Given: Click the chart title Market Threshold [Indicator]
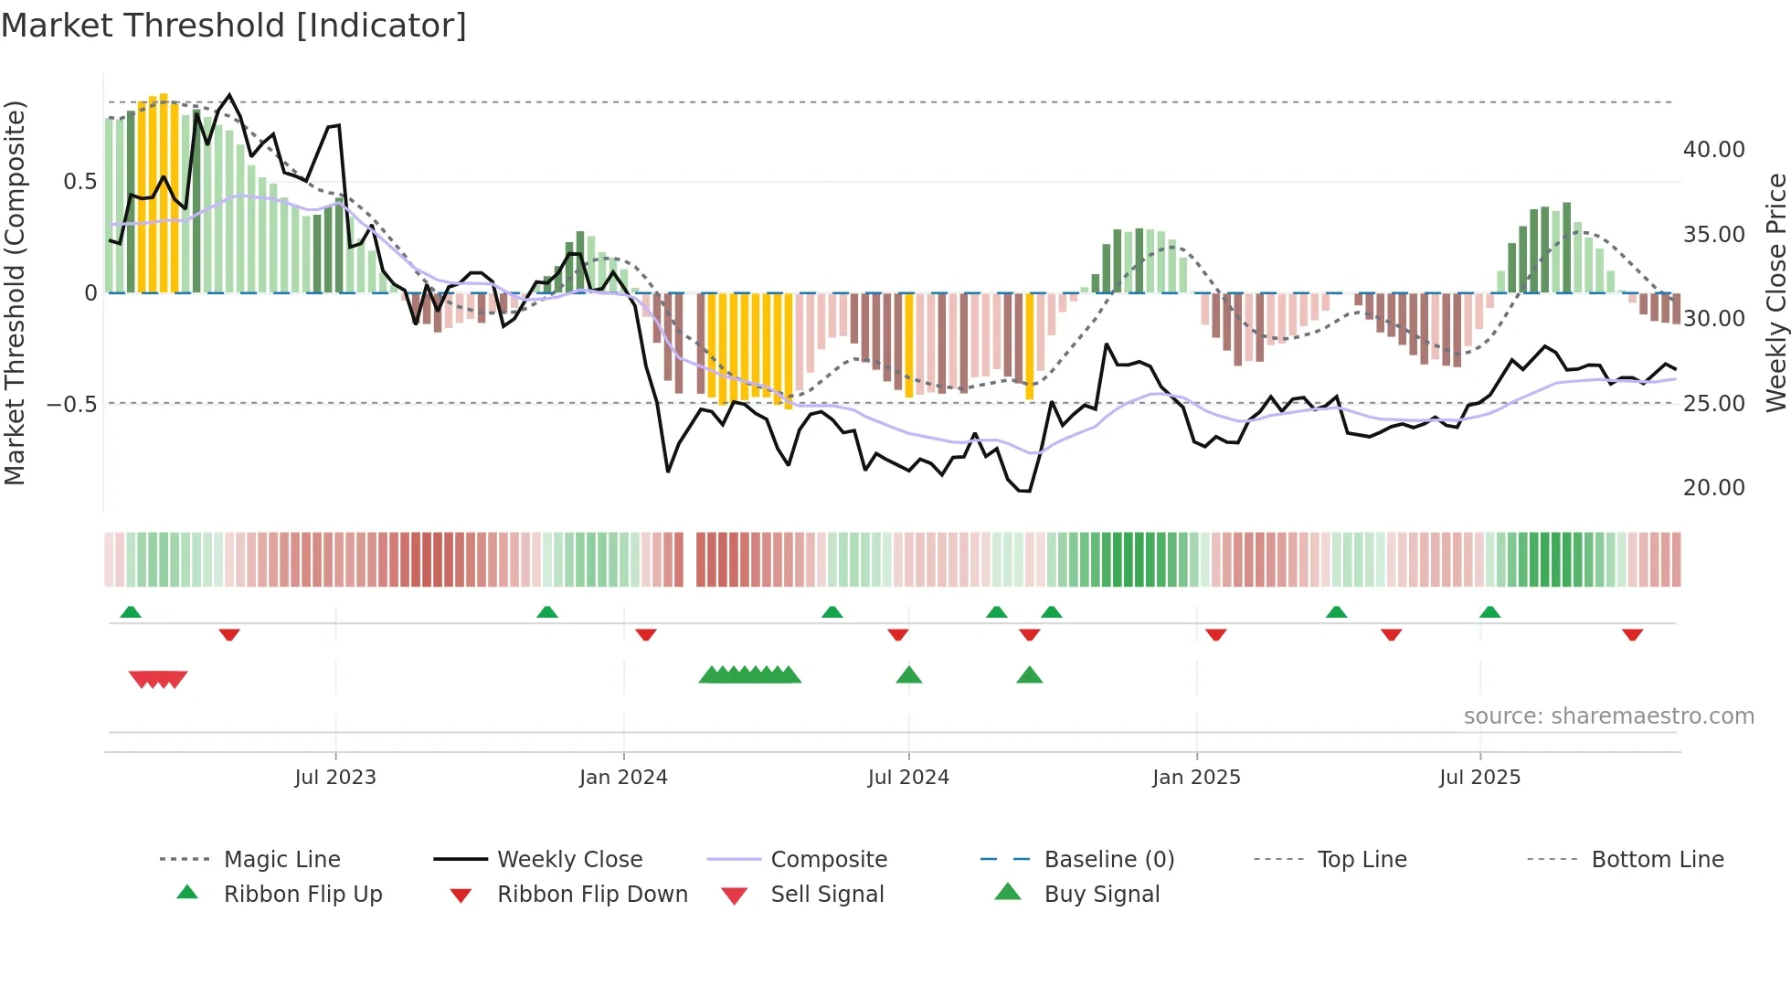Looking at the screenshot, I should (234, 26).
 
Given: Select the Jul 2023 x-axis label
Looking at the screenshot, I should (335, 778).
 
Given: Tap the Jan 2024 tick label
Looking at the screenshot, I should (623, 778).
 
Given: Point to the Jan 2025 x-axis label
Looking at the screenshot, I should (1196, 778).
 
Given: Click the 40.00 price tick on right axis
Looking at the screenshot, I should (1713, 150).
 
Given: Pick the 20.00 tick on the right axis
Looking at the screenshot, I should (1713, 488).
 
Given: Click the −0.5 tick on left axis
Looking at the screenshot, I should (72, 404).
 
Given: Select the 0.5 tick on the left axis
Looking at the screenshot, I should (79, 182).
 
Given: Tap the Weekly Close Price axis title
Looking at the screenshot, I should (1775, 292).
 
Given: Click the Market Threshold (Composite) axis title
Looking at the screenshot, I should (15, 292).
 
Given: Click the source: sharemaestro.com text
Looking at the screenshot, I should (1608, 716).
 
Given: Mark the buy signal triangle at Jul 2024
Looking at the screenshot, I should (908, 675).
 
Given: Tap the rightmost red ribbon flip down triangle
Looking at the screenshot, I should (1632, 634).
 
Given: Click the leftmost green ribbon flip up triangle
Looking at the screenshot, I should (131, 612).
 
